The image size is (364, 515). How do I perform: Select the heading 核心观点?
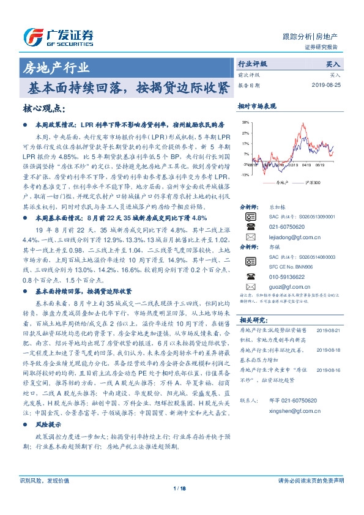tap(43, 108)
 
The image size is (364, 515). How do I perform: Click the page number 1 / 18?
tap(182, 488)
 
